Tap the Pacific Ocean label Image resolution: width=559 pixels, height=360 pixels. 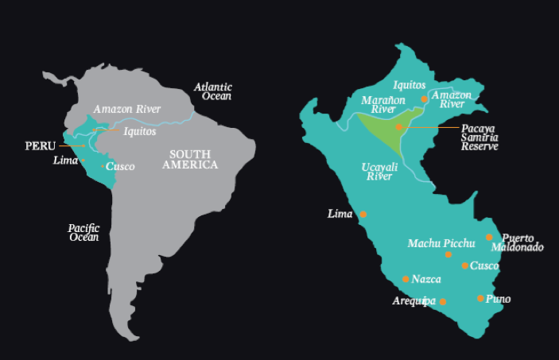tap(83, 232)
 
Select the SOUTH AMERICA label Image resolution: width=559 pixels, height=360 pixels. tap(190, 159)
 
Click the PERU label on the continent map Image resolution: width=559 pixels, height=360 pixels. tap(40, 145)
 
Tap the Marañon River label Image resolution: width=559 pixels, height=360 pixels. tap(383, 106)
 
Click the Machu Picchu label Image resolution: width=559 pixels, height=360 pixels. tap(441, 242)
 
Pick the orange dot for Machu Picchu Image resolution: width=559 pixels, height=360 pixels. tap(448, 254)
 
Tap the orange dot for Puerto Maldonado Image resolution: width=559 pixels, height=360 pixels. tap(490, 237)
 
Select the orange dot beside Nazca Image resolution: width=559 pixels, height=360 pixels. tap(406, 279)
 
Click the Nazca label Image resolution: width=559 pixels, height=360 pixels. tap(426, 279)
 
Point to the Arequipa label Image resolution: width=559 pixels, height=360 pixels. tap(414, 301)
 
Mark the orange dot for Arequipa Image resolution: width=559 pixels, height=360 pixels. tap(443, 302)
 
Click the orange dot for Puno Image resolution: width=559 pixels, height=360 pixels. tap(480, 298)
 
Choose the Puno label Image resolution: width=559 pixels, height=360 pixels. tap(499, 299)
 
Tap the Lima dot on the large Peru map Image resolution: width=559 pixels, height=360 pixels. tap(363, 215)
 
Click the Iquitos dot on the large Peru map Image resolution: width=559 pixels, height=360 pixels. tap(425, 99)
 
